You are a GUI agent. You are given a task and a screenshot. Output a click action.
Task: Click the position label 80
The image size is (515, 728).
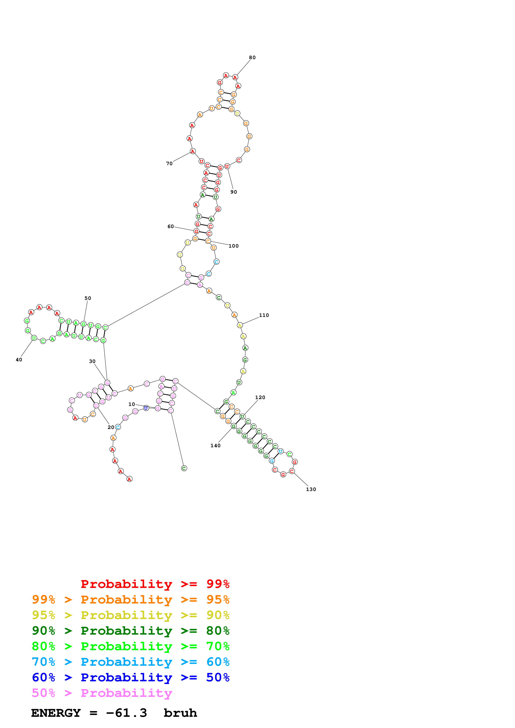coord(252,57)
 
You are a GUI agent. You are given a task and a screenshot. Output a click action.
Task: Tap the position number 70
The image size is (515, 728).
coord(170,164)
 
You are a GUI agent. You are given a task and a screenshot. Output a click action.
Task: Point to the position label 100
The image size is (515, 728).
coord(234,246)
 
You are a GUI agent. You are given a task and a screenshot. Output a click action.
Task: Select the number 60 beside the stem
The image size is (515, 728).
coord(171,226)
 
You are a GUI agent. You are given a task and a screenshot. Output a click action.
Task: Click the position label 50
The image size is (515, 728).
coord(88,298)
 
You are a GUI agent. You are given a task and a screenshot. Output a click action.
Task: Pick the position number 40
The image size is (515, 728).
coord(19,360)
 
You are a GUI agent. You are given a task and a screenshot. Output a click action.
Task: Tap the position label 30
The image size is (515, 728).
coord(92,361)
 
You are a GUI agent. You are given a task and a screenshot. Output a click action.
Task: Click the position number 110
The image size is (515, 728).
coord(264,315)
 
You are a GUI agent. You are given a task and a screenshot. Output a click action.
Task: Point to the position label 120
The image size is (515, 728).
coord(260,397)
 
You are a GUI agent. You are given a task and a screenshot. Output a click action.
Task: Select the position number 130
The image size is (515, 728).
coord(311,489)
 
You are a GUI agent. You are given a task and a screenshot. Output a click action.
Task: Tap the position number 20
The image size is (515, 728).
coord(111,428)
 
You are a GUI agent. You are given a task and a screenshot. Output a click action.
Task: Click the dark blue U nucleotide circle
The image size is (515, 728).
coord(146,408)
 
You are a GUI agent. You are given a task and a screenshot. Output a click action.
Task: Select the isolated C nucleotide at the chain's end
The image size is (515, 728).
coord(184,468)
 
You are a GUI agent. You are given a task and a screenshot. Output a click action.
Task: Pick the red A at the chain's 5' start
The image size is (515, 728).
coord(129,479)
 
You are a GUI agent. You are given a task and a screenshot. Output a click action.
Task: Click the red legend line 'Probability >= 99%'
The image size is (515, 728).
coord(155,584)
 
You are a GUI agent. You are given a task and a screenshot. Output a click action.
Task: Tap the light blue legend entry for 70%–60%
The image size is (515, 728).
coord(130,662)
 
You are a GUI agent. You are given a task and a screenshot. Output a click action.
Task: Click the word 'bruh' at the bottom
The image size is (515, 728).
coord(180,713)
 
